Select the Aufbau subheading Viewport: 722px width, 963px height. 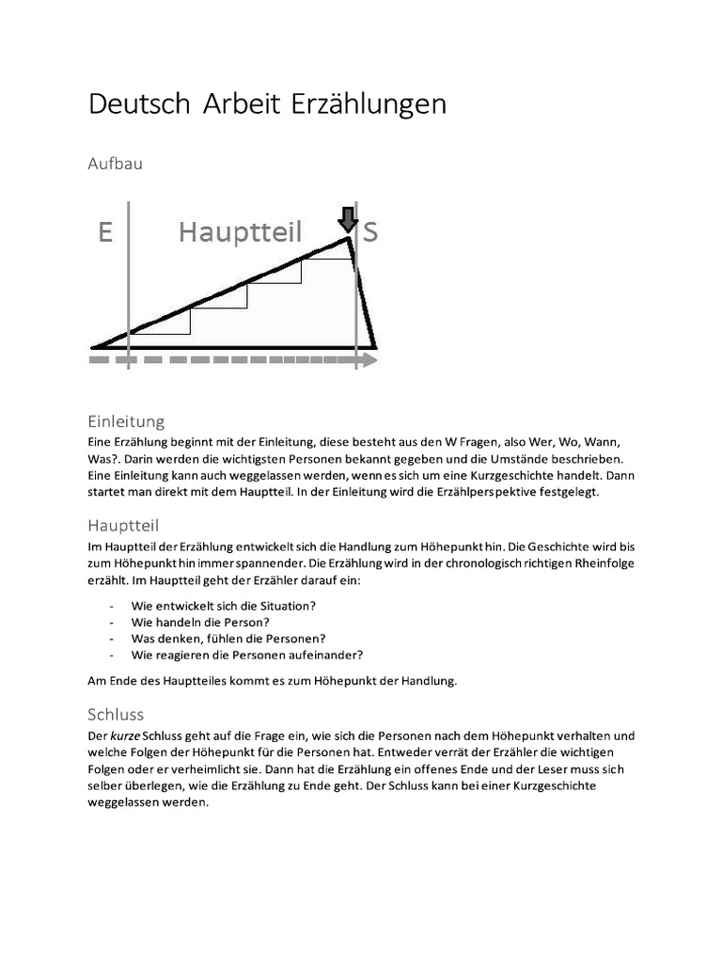pyautogui.click(x=115, y=163)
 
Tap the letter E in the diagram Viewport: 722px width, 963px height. pyautogui.click(x=105, y=232)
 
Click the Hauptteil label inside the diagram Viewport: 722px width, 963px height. pyautogui.click(x=241, y=232)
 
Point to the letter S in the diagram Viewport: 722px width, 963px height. pyautogui.click(x=370, y=232)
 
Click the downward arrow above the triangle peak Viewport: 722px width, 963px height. pyautogui.click(x=348, y=219)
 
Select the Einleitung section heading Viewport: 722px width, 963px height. pyautogui.click(x=126, y=421)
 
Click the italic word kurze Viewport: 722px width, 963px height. pyautogui.click(x=126, y=735)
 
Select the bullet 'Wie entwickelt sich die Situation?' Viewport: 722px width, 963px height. pyautogui.click(x=224, y=605)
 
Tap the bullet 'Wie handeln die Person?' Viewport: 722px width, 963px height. pyautogui.click(x=201, y=622)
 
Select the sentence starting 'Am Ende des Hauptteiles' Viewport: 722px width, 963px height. pyautogui.click(x=273, y=682)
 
